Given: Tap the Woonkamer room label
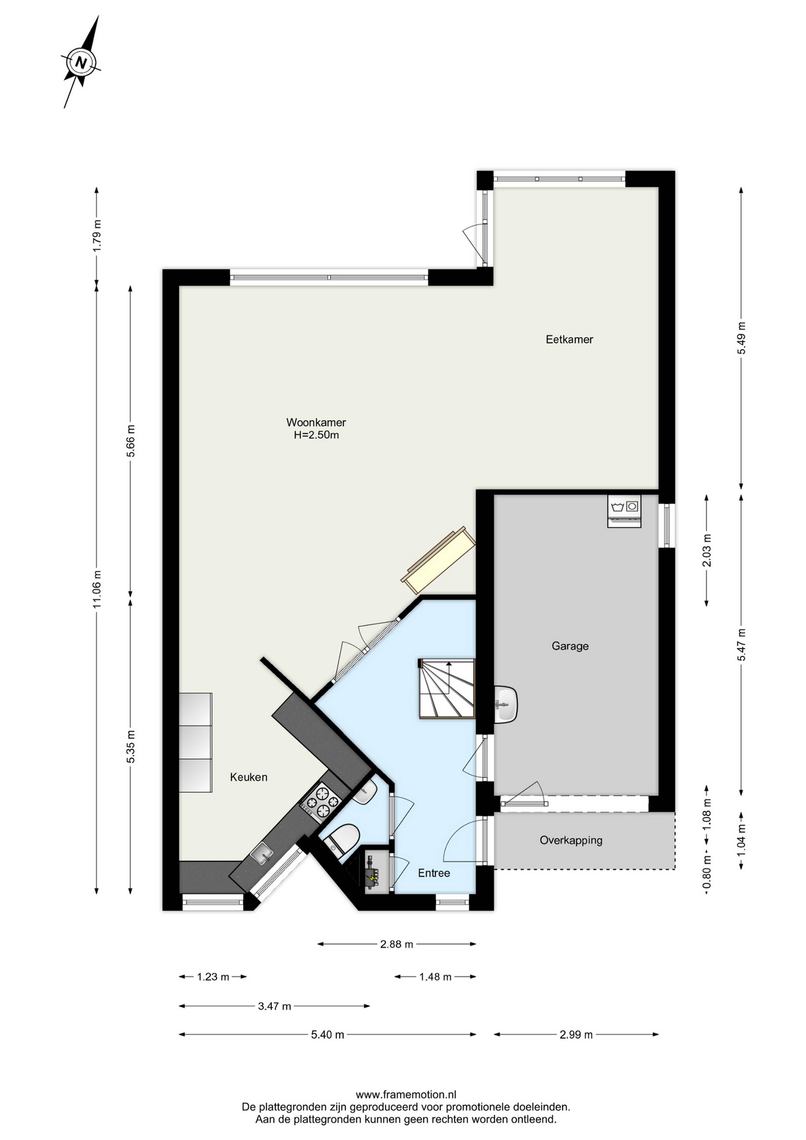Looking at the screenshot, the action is [x=316, y=422].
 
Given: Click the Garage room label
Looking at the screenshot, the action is [x=570, y=646].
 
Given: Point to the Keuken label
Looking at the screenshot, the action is [x=249, y=777].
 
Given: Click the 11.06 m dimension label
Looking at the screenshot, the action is [x=97, y=589].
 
